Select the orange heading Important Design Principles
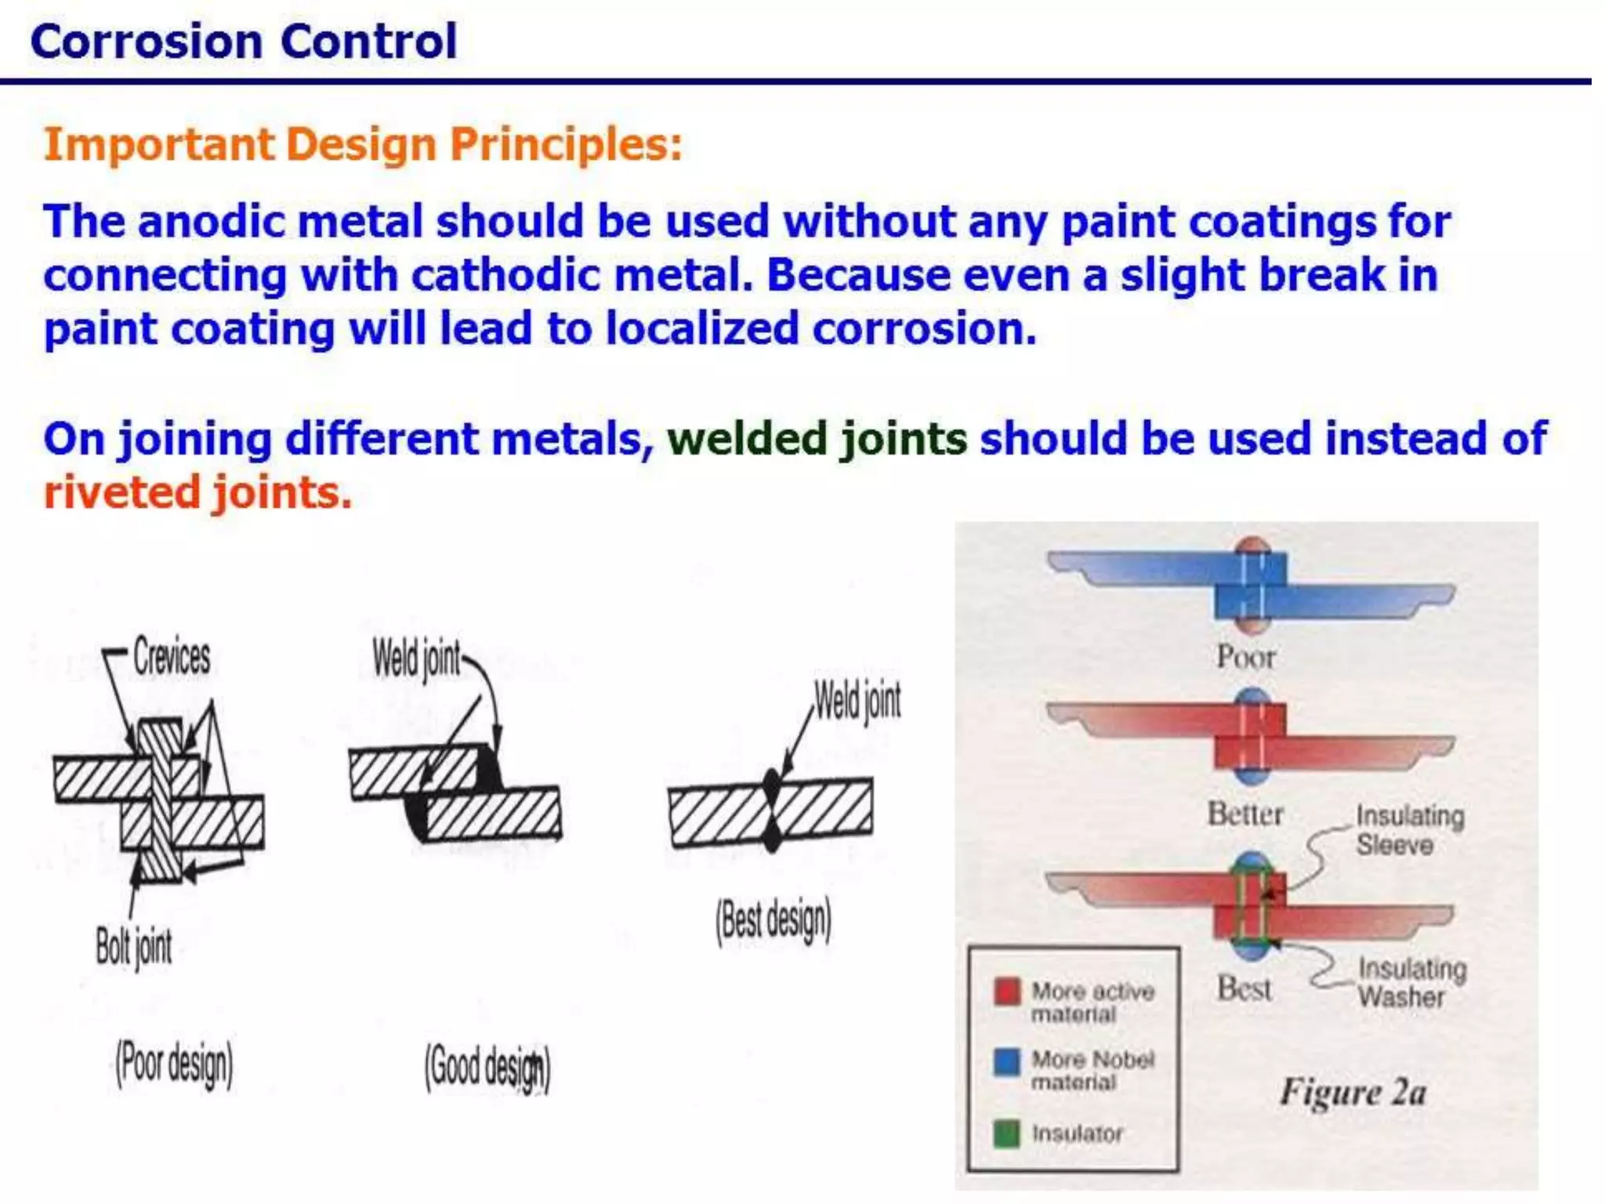click(x=363, y=144)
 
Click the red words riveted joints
click(x=197, y=492)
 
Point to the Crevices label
click(x=171, y=656)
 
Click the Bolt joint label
click(x=133, y=946)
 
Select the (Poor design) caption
click(x=174, y=1064)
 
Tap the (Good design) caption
click(x=487, y=1068)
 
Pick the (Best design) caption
click(x=773, y=920)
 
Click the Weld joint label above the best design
click(x=857, y=700)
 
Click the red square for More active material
click(x=1007, y=991)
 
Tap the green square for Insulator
click(x=1007, y=1133)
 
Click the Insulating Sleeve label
click(x=1409, y=830)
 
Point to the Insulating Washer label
click(x=1411, y=982)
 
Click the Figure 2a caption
click(x=1353, y=1092)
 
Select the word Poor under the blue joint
click(x=1245, y=657)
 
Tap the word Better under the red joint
click(x=1245, y=814)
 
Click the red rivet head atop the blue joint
click(x=1252, y=546)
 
